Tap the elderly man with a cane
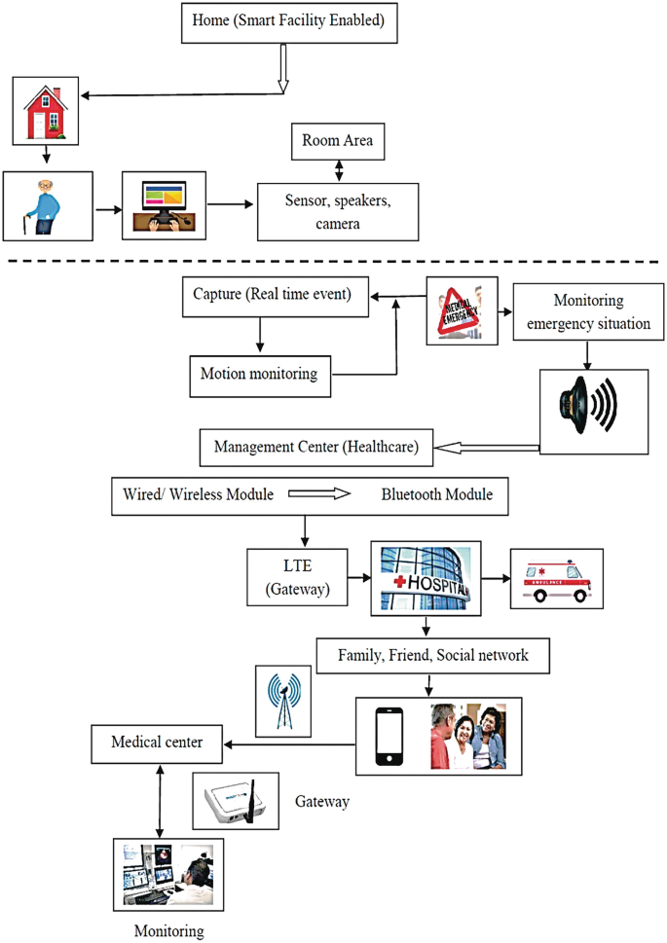pos(47,206)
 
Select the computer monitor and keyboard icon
pos(164,205)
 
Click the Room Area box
pos(337,142)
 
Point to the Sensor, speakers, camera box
pos(337,211)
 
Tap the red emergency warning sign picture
pos(462,309)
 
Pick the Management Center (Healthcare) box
pos(315,448)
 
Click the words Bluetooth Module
pos(436,494)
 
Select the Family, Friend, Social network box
pos(432,656)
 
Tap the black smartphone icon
pos(389,736)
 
